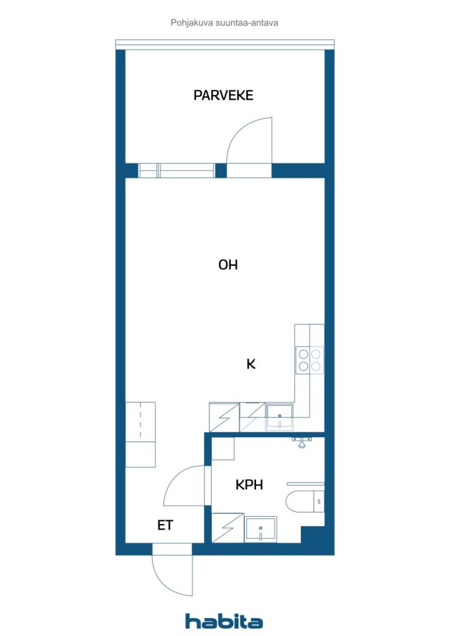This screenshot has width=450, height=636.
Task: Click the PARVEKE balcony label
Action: coord(223,95)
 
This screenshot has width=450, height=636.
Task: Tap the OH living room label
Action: coord(227,265)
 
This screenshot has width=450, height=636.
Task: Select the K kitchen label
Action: coord(250,364)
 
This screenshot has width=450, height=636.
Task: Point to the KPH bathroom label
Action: coord(249,484)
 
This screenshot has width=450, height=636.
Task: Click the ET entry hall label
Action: coord(165,525)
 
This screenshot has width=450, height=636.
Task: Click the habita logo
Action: coord(224,621)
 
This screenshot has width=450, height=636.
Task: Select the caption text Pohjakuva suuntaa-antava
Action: coord(224,23)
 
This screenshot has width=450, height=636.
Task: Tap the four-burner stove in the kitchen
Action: coord(310,360)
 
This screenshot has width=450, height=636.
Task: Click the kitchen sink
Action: coord(279,417)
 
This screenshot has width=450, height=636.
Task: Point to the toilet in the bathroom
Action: coord(305,501)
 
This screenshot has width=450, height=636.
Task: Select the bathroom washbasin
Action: coord(260,529)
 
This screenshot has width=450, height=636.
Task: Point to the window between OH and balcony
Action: coord(177,170)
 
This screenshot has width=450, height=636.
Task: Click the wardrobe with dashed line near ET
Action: coord(140,422)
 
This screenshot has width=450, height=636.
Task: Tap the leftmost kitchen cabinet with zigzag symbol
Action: coord(224,417)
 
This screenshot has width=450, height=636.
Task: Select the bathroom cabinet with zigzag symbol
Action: coord(228,528)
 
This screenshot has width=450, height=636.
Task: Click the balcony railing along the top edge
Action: coord(225,44)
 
